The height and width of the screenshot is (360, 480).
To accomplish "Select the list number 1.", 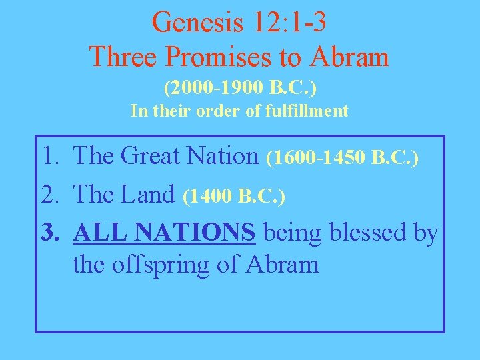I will pos(51,157).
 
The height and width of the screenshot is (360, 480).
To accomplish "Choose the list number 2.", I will pos(51,195).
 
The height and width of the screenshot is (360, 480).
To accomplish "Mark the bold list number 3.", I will pos(51,233).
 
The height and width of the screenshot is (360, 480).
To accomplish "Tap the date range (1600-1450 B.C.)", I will pos(342,158).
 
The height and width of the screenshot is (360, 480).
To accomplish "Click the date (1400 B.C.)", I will pos(234,196).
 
